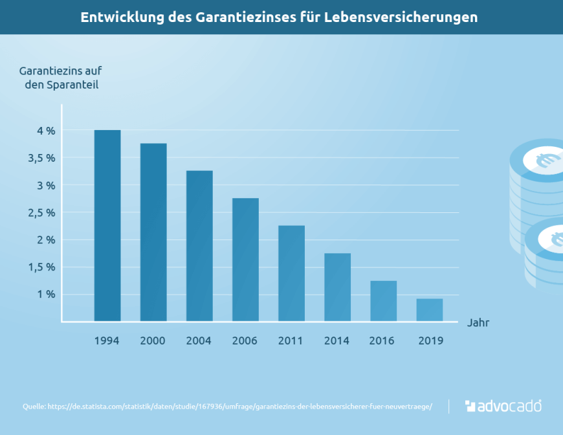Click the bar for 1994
[107, 225]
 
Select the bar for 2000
[153, 232]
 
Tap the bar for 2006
[245, 259]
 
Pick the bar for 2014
[337, 287]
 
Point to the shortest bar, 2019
[429, 309]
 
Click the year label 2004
[199, 340]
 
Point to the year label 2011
[291, 340]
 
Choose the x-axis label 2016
[382, 340]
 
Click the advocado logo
[503, 407]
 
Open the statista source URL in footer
[247, 407]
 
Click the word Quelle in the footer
[33, 407]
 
